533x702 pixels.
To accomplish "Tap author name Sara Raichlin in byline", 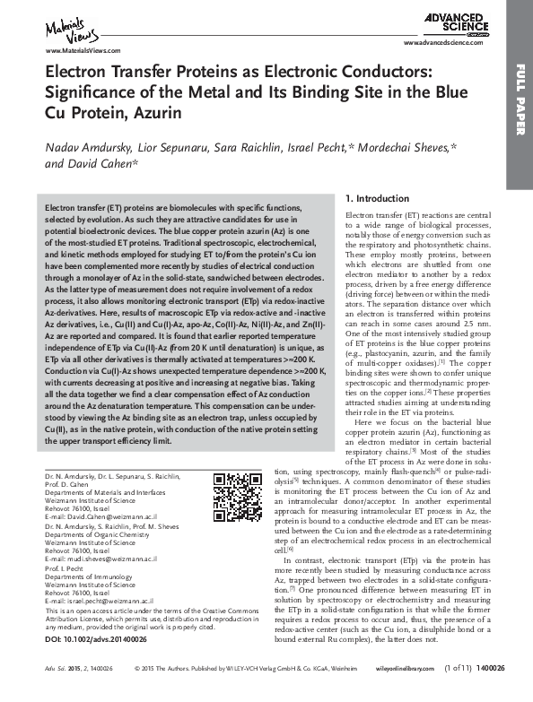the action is coord(265,145).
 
